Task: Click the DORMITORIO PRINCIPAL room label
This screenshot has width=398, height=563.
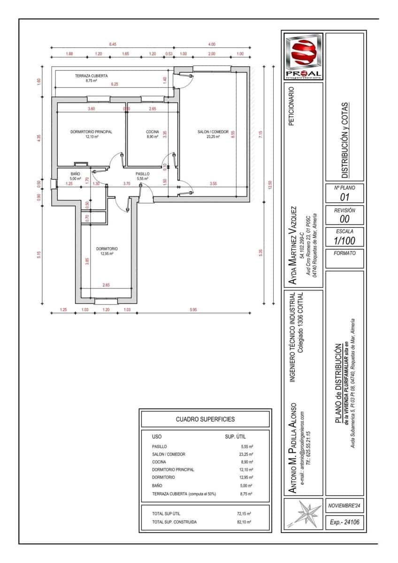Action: (91, 132)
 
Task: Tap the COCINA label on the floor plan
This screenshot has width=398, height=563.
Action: (153, 132)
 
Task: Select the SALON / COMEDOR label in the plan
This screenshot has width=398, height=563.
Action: (213, 132)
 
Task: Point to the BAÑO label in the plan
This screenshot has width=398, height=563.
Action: (75, 174)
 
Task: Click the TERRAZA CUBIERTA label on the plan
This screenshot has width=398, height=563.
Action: (92, 76)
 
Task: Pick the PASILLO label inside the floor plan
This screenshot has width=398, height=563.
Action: (142, 174)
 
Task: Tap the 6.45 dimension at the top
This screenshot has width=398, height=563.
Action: (113, 44)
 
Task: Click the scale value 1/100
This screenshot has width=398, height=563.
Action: (344, 241)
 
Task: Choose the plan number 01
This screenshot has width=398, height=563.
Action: (344, 198)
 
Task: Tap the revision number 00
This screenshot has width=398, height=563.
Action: (344, 219)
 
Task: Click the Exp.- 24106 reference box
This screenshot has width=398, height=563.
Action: (345, 522)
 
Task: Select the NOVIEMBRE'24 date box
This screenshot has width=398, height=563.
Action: (345, 506)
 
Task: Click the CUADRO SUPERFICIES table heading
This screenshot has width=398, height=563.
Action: (205, 419)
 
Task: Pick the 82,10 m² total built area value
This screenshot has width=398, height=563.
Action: (244, 522)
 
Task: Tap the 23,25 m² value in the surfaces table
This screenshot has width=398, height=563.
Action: (245, 454)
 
